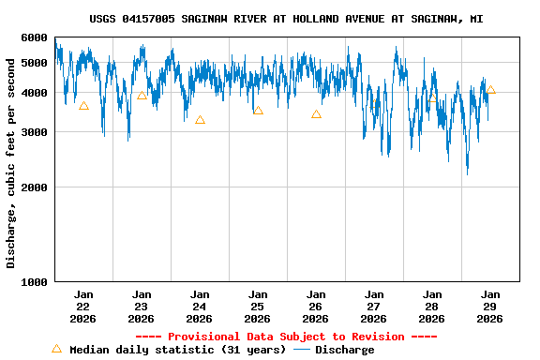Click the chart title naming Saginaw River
287,19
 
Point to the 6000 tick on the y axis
34,37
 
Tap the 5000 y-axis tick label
34,63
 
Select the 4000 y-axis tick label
34,93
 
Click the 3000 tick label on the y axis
34,132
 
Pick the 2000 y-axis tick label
34,187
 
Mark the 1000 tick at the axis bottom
34,281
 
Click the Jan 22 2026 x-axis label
83,306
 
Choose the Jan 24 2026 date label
200,306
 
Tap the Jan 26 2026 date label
316,306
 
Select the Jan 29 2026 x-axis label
490,306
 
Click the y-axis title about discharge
11,163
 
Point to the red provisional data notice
286,337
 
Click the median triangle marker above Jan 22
83,106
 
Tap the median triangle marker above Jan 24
200,120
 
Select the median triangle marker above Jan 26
316,114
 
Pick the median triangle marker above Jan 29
490,90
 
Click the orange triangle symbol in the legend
56,349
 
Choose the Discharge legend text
344,350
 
